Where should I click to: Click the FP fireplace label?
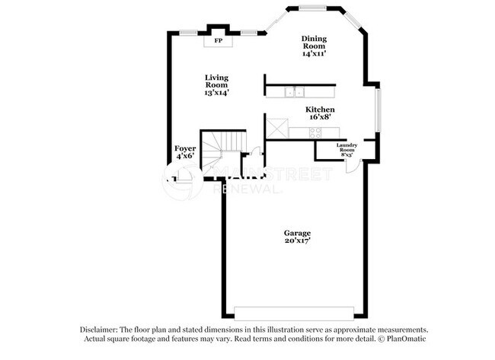coord(218,40)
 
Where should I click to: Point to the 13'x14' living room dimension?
coord(217,92)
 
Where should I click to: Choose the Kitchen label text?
coord(321,110)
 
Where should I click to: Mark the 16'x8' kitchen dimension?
coord(321,118)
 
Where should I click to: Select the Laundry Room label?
coord(346,148)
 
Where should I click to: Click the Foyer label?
coord(185,148)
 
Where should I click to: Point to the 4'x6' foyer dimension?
coord(185,156)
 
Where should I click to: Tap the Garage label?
coord(297,233)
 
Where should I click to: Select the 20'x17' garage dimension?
coord(297,241)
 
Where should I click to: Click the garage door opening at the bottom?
coord(297,314)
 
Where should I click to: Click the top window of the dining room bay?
coord(311,8)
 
